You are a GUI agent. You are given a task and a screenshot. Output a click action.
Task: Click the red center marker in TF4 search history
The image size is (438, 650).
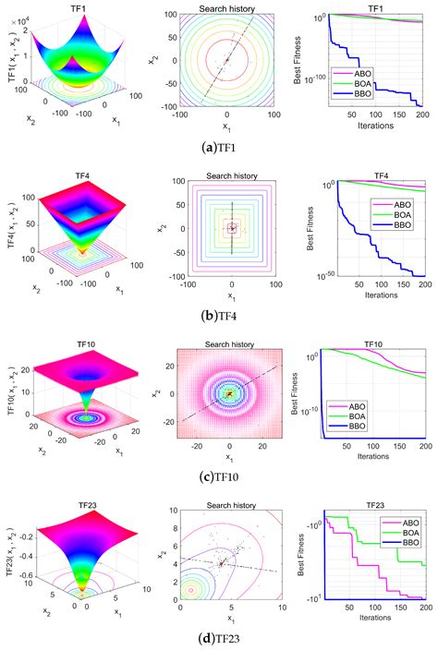231,227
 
